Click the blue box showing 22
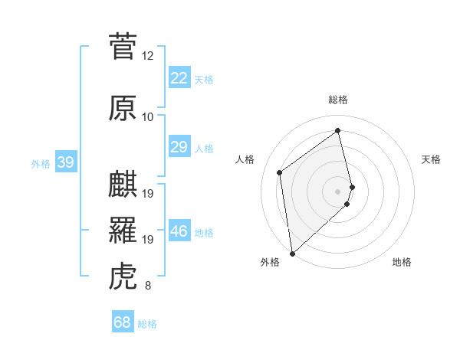pos(179,78)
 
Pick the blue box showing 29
pos(179,147)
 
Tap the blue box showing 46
pos(179,232)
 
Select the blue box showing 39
pos(65,162)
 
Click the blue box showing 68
pos(123,322)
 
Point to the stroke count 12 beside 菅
pos(148,56)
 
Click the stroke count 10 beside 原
pos(148,117)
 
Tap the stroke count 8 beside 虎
pos(148,286)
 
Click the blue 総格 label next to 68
pos(147,324)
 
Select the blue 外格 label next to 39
pos(41,163)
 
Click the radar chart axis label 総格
pos(338,100)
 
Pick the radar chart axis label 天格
pos(432,159)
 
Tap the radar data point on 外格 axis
pos(292,253)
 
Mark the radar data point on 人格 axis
pos(280,172)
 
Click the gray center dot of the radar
pos(338,191)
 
